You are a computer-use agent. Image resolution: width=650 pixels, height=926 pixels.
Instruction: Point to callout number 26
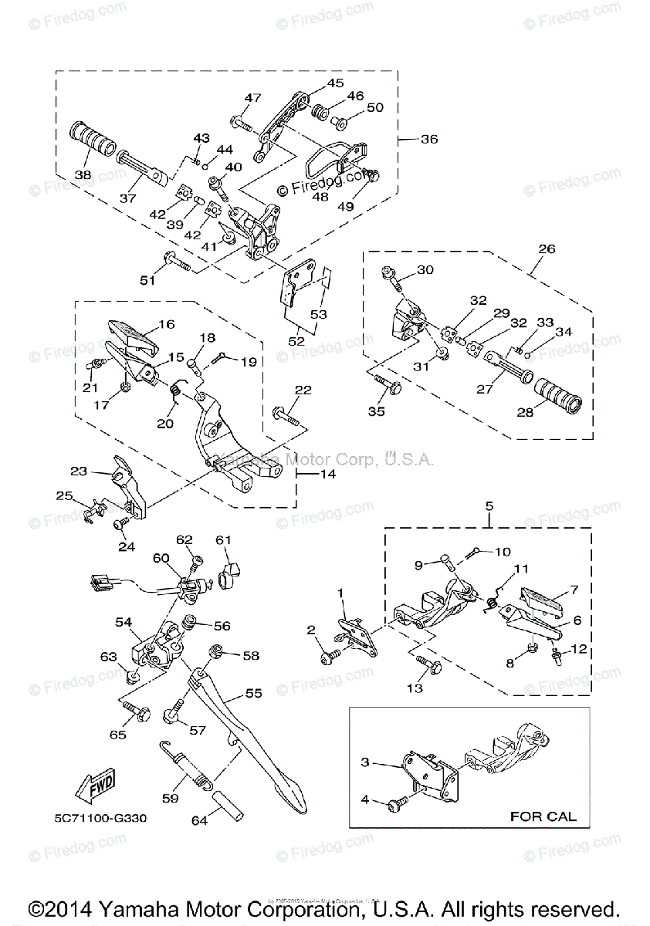pyautogui.click(x=546, y=248)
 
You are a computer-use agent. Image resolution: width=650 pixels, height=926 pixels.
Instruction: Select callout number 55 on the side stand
pyautogui.click(x=254, y=694)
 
